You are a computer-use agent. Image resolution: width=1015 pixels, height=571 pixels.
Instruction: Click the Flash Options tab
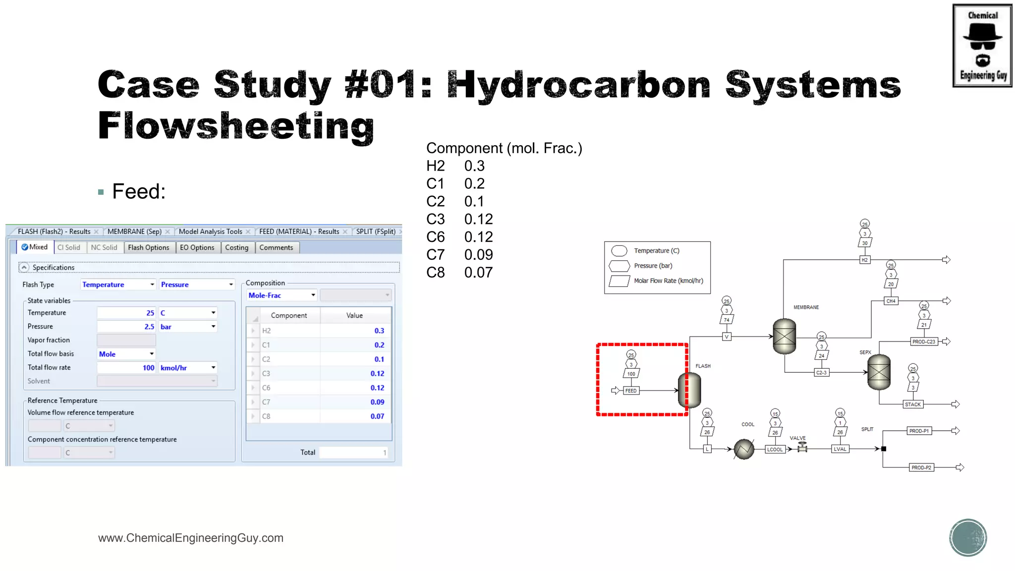click(x=148, y=247)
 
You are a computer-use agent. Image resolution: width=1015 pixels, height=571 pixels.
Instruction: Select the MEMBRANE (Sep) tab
click(x=134, y=231)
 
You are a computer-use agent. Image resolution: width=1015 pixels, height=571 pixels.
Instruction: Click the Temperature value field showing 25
click(x=126, y=313)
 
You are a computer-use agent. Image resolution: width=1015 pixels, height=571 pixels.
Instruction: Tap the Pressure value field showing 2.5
click(x=126, y=327)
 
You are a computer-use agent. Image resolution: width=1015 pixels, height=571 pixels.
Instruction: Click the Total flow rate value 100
click(x=126, y=368)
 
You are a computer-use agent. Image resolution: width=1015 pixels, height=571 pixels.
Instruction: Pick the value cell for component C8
click(x=355, y=416)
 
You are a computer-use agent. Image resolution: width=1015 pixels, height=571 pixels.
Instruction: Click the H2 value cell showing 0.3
click(x=355, y=331)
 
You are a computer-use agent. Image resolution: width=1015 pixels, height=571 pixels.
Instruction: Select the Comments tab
click(x=276, y=247)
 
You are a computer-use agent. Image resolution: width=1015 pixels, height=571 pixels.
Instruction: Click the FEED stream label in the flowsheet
click(x=631, y=391)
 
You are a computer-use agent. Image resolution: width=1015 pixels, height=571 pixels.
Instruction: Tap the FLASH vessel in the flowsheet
click(x=689, y=390)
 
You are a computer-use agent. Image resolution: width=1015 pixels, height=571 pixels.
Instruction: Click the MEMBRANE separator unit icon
click(x=785, y=336)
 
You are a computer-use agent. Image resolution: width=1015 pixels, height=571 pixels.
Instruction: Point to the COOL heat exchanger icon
click(x=744, y=449)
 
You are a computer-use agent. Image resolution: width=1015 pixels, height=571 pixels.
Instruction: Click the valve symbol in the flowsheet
click(x=802, y=448)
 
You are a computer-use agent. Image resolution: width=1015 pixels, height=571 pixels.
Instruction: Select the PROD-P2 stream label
click(x=921, y=467)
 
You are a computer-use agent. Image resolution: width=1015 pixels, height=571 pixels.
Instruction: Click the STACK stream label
click(x=912, y=404)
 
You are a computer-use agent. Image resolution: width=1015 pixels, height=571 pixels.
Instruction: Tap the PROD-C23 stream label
click(x=924, y=342)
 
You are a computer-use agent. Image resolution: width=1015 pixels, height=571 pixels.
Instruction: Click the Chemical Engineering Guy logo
click(x=982, y=46)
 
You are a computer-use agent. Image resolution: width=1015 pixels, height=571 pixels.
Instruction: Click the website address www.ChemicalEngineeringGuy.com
click(x=191, y=538)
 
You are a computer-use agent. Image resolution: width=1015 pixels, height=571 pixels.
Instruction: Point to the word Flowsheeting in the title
click(x=236, y=126)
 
